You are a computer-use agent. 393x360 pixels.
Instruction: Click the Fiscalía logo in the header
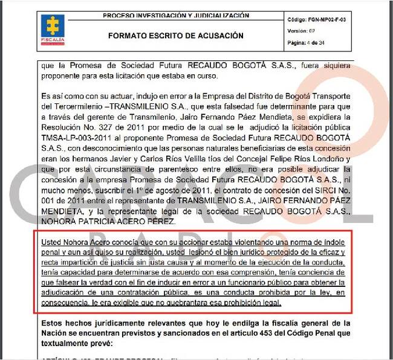53,29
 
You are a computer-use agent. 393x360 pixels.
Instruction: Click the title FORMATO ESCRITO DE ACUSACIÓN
176,36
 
